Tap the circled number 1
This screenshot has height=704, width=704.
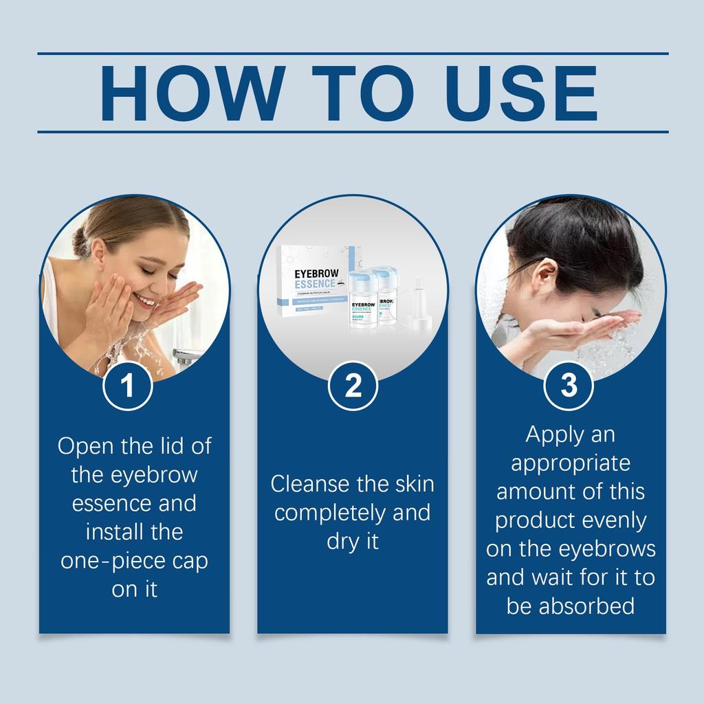[x=127, y=386]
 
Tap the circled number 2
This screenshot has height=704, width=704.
[x=353, y=386]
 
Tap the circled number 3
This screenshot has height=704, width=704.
[x=569, y=386]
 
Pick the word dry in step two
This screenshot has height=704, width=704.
[x=340, y=542]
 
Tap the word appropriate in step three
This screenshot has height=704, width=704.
[x=571, y=463]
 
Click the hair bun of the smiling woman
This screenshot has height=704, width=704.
[x=80, y=240]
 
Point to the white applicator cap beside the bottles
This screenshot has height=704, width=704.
[x=417, y=309]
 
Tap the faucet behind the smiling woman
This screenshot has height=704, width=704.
[x=186, y=356]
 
